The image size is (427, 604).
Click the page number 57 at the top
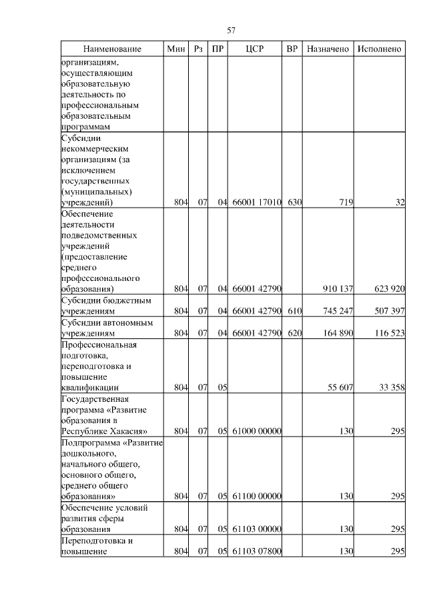click(232, 30)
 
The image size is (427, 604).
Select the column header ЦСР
click(256, 49)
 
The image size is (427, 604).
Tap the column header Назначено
click(328, 49)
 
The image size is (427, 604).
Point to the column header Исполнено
click(379, 49)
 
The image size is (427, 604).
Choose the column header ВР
click(292, 49)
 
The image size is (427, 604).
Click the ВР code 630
click(294, 202)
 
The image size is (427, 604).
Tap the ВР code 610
click(294, 311)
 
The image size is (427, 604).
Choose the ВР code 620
click(294, 332)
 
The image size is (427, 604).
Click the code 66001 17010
click(257, 202)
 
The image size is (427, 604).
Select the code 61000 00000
click(257, 431)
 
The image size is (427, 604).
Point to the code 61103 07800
click(257, 551)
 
